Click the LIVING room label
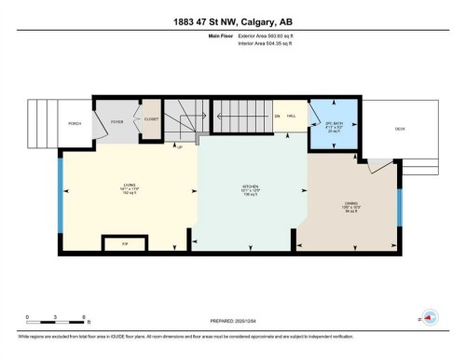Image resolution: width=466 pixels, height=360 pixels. point(130,186)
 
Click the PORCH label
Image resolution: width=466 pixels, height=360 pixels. point(75,123)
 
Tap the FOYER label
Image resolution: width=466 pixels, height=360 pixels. point(117,121)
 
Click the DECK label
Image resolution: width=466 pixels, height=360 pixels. point(400,130)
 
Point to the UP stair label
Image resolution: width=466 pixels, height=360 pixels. point(179,146)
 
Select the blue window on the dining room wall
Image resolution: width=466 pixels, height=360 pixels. point(399,210)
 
